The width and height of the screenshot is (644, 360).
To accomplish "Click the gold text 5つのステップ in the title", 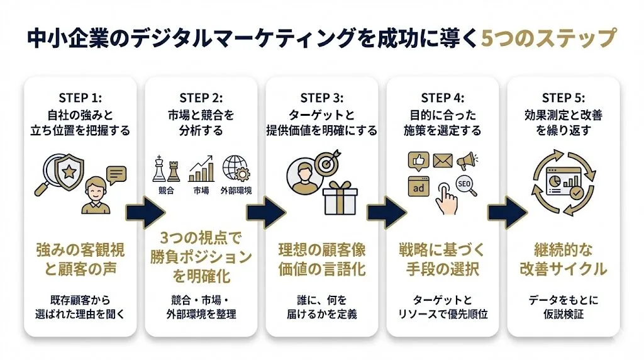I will [x=547, y=39].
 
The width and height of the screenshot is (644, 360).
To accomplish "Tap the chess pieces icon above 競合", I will [x=165, y=169].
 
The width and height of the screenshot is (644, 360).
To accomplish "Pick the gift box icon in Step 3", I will [x=340, y=197].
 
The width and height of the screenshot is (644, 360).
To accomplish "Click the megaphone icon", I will [x=467, y=160].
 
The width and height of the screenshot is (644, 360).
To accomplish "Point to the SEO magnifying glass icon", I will [x=466, y=186].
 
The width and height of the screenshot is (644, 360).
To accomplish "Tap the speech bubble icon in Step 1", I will [x=116, y=174].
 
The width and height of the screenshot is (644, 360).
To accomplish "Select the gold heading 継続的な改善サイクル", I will [x=563, y=259].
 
